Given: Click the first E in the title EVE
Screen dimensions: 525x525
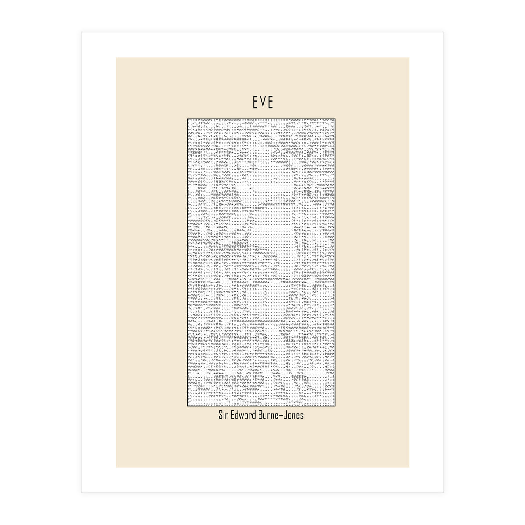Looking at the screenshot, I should pos(255,102).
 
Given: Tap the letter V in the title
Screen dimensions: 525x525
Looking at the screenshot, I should pos(262,102).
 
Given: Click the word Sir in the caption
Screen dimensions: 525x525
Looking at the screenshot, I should pos(224,415).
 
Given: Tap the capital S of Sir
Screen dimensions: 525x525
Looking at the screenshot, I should pos(221,415).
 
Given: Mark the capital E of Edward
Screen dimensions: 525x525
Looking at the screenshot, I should pos(234,415).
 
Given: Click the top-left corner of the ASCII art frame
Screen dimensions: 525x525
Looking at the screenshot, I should pos(187,119).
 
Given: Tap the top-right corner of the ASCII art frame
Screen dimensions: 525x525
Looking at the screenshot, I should pos(336,119).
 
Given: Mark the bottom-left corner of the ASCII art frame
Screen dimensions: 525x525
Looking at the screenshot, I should pos(187,406).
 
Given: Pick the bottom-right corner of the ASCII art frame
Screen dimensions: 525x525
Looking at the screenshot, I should pos(336,406).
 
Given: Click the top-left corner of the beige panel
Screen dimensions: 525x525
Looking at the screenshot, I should pos(116,58).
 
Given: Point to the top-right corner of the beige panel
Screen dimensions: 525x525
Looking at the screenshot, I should pos(409,58).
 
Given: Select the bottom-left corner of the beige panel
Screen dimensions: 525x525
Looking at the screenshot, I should pos(116,467).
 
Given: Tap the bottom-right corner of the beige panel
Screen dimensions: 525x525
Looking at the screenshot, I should pos(409,467).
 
